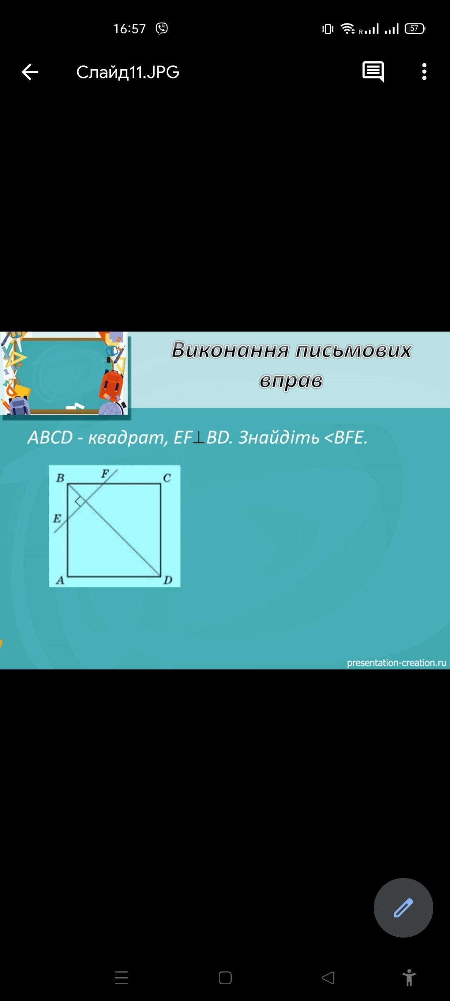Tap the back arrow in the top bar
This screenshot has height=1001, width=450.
point(30,72)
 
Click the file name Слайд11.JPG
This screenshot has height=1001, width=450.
point(128,72)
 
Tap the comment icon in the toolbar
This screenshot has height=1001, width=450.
point(373,72)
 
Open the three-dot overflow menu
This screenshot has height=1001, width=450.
point(424,72)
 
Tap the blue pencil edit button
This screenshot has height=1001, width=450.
point(403,908)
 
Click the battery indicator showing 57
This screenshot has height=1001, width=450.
point(415,28)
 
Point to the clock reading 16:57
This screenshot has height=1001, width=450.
point(130,28)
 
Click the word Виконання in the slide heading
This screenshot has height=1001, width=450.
point(230,350)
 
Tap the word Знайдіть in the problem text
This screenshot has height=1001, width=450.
point(279,437)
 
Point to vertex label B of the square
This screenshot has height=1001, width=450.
point(60,478)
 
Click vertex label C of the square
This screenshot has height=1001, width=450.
point(167,478)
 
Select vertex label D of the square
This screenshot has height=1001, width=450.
point(168,580)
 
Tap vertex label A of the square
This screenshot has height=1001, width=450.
point(60,580)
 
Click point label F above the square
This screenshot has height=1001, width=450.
point(105,473)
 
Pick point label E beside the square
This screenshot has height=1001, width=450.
point(57,518)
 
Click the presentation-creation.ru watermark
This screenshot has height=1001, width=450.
point(396,663)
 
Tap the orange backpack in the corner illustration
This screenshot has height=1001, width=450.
point(111,385)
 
